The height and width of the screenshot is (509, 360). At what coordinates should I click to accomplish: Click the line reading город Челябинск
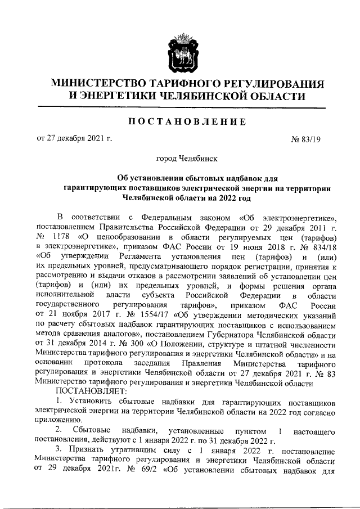tap(179, 160)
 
